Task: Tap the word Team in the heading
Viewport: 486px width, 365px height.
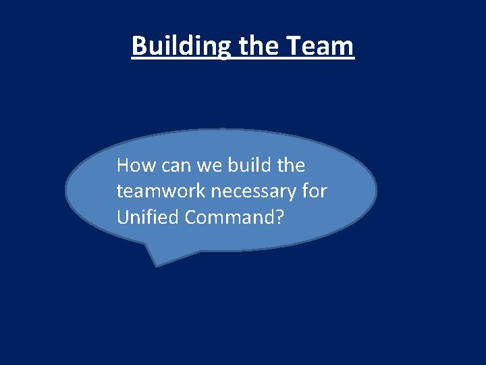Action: point(320,46)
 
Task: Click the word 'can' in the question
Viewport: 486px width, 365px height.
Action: point(172,166)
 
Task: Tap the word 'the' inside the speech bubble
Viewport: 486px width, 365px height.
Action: point(291,166)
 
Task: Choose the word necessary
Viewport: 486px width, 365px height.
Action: point(254,192)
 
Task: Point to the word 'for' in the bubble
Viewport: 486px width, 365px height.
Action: point(315,192)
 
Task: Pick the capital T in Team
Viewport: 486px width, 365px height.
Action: point(294,46)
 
